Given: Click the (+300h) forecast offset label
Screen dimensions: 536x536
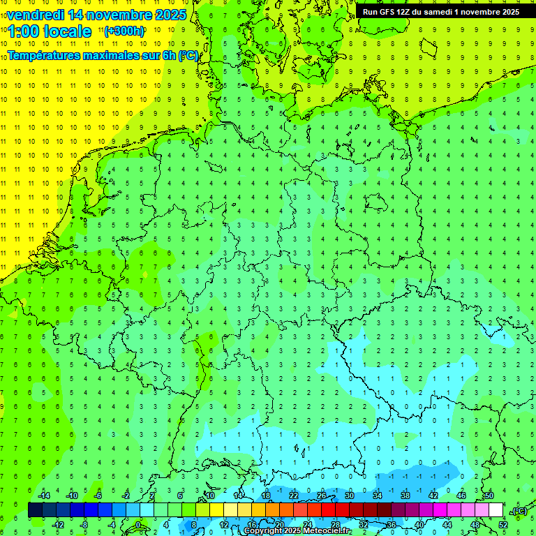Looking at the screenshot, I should (124, 31).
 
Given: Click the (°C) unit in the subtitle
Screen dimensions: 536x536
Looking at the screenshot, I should (188, 56).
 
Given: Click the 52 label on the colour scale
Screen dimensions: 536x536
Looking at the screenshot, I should (503, 525).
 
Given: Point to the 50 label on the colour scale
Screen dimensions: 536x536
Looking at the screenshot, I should (489, 496).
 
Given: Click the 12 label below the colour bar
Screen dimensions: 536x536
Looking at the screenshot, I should (224, 525).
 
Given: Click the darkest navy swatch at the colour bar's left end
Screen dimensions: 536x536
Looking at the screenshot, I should (35, 510).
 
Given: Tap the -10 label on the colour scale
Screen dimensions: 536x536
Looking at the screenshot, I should (70, 496).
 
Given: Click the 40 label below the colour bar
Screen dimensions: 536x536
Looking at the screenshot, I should (419, 525).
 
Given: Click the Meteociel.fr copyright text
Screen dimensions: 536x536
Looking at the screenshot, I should (297, 531).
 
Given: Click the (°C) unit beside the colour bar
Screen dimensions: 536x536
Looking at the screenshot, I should (519, 511).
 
